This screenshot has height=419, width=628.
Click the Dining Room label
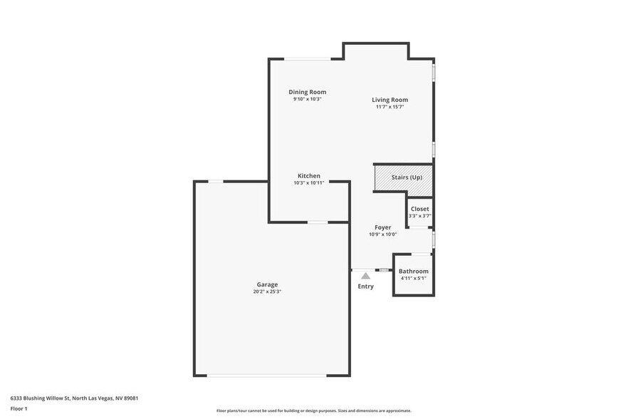pos(307,92)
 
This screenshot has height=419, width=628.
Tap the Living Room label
pos(389,100)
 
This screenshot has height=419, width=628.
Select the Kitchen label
pos(308,176)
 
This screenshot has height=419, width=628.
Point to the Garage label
pos(268,284)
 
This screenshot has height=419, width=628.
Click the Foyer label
pos(382,227)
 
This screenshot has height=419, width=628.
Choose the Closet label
pos(419,209)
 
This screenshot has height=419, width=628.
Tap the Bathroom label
pos(413,271)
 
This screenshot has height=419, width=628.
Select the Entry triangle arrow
pos(365,275)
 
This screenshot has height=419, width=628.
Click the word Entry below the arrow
pos(365,286)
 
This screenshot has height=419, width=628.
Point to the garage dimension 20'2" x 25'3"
pos(268,291)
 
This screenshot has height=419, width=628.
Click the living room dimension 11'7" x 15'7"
pos(389,107)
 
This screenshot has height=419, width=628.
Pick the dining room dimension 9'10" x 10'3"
pos(307,99)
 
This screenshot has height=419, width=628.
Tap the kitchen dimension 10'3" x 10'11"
pos(308,183)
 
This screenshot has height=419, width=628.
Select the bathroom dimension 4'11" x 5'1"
pos(413,279)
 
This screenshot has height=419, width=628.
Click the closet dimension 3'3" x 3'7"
pos(419,215)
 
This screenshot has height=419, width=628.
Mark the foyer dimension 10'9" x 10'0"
pos(382,234)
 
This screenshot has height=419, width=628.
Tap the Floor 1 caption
pos(19,408)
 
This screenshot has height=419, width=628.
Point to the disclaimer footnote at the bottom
pos(313,410)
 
